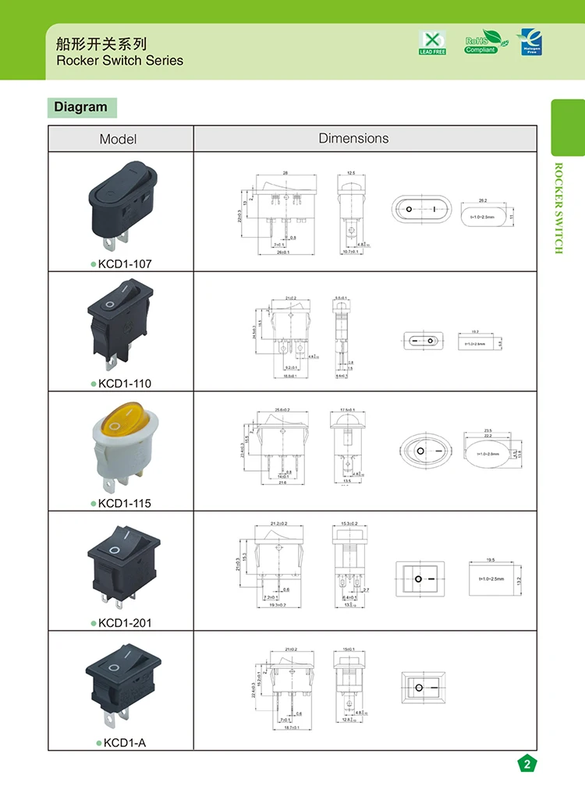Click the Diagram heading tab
point(81,107)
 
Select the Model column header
point(118,139)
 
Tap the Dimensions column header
point(353,138)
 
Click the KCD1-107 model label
point(124,264)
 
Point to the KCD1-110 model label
point(124,384)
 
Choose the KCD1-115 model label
point(124,503)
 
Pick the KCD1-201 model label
point(124,623)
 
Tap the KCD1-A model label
point(124,743)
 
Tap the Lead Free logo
point(432,43)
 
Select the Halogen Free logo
point(531,42)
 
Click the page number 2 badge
point(527,764)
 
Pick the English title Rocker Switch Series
point(120,60)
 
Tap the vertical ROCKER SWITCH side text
point(558,207)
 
